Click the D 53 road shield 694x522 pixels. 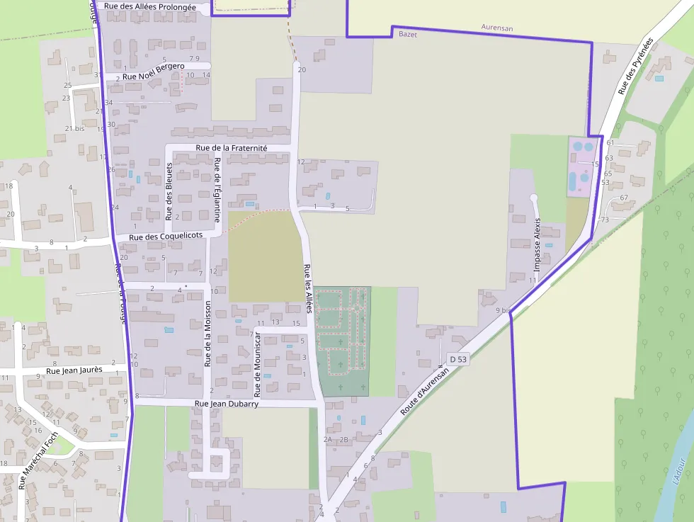[x=458, y=360]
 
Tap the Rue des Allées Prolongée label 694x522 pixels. [x=151, y=6]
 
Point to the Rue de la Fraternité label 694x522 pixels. [x=232, y=148]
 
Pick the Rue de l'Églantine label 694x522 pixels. [x=217, y=190]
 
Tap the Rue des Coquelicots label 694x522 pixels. [x=166, y=236]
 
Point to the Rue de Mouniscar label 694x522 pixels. [x=258, y=365]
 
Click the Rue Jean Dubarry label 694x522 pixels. [x=227, y=404]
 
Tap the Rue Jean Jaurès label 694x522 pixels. [x=74, y=370]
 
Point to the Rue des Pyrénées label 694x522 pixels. [x=635, y=67]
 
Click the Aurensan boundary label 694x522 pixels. [x=496, y=28]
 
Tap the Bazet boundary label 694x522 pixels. [x=408, y=34]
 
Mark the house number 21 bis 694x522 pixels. [x=74, y=128]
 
